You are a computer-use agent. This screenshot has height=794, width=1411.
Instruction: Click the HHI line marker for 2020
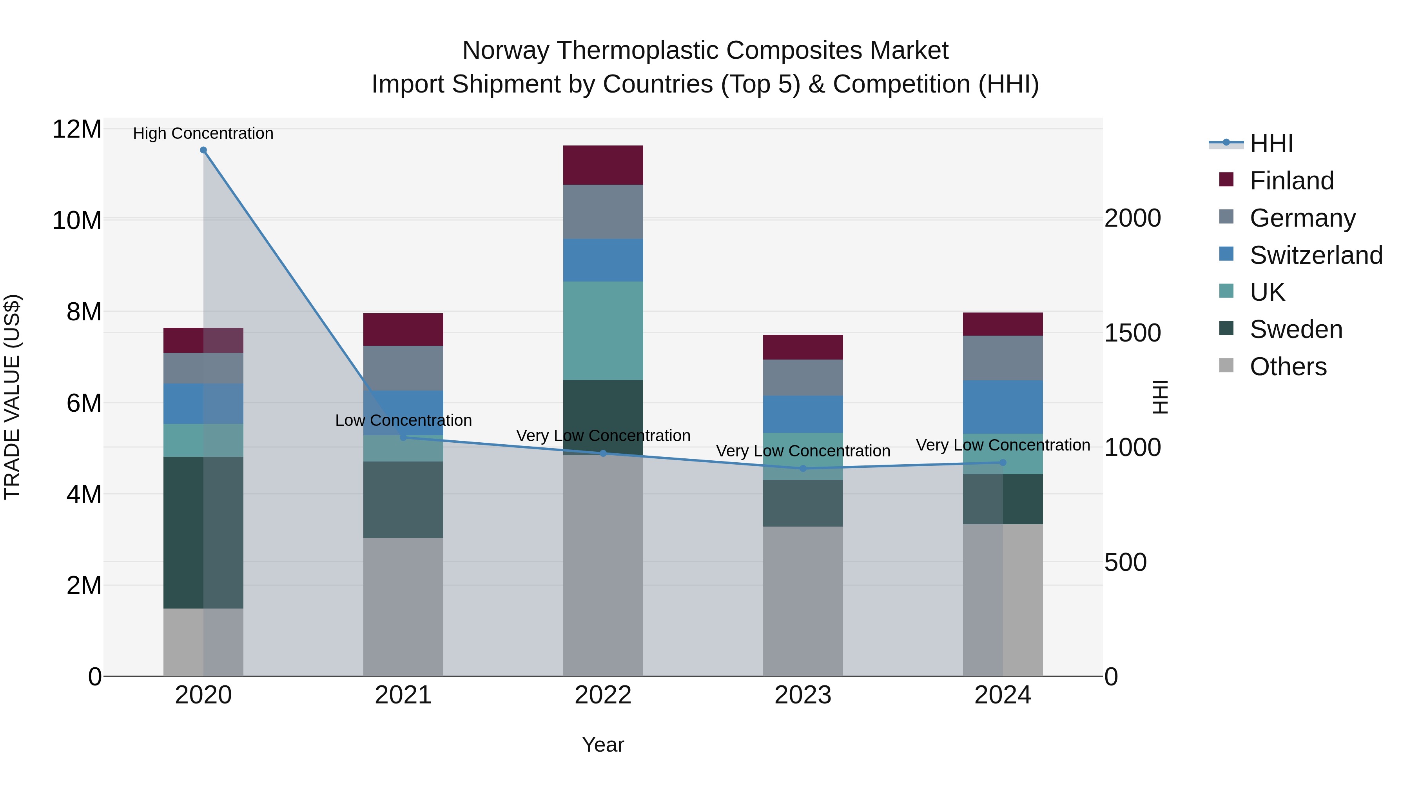pos(203,150)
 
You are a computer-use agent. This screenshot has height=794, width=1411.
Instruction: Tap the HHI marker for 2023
pos(803,469)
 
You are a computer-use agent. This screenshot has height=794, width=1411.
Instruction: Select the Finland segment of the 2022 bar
pos(603,165)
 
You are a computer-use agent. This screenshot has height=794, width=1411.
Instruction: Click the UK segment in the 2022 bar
pos(603,331)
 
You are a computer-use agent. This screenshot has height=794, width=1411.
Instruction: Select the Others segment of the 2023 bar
pos(803,601)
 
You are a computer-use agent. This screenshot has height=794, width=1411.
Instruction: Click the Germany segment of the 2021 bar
pos(403,368)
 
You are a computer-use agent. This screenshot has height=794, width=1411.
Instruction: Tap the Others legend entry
pos(1288,367)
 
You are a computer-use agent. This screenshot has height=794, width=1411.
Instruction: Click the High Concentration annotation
pos(203,133)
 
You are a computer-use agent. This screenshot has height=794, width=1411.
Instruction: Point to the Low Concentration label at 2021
pos(403,420)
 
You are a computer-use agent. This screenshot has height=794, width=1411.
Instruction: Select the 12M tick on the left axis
pos(77,130)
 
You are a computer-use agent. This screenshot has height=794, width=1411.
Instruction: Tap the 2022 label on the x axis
pos(603,695)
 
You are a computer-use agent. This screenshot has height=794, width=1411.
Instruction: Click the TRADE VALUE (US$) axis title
pos(13,397)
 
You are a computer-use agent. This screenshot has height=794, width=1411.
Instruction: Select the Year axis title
pos(603,745)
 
